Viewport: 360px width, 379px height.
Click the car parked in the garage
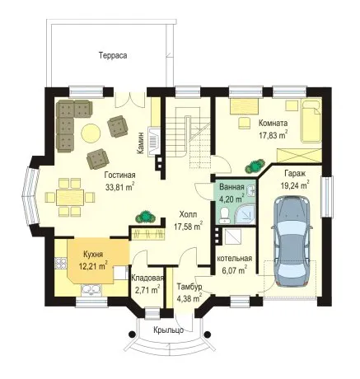click(292, 241)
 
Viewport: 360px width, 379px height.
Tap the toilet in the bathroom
click(225, 215)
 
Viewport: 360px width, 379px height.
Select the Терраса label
click(113, 55)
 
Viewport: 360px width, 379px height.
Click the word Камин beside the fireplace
click(141, 143)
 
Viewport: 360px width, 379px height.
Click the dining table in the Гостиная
click(70, 197)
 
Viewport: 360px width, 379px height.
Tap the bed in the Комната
click(311, 121)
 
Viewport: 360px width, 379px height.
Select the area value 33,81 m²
click(119, 187)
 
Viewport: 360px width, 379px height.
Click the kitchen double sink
click(91, 289)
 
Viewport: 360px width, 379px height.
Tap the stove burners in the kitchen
click(61, 263)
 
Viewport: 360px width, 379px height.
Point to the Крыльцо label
click(168, 330)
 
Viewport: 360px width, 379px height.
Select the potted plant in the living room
click(146, 217)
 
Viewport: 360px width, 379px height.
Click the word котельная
click(235, 259)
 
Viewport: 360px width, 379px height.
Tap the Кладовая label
click(147, 278)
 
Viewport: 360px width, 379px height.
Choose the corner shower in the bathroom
click(246, 215)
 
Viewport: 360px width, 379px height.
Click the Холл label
click(188, 214)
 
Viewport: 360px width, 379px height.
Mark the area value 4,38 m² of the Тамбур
click(189, 298)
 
